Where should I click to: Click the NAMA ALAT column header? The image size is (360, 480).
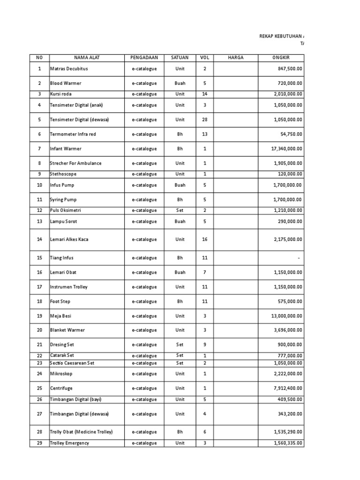point(87,58)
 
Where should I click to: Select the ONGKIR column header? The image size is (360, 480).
point(281,58)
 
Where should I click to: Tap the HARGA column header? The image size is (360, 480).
point(235,58)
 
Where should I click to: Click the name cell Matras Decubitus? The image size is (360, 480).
point(69,69)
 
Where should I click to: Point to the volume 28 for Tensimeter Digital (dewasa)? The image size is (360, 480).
point(204,120)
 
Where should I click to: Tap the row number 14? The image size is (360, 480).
point(39,240)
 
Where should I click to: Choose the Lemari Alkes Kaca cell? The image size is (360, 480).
point(69,240)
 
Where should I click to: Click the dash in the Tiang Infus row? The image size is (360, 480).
point(298,258)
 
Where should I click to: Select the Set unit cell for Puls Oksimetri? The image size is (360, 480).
point(180,210)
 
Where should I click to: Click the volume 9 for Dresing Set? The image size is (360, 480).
point(204,345)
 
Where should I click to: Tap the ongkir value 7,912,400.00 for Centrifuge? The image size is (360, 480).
point(284,389)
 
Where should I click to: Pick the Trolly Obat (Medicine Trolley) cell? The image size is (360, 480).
point(81,432)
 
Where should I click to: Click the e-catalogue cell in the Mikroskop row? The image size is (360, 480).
point(144,374)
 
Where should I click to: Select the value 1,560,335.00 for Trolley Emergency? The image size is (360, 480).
point(284,443)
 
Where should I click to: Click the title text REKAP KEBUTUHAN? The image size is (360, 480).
point(281,36)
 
